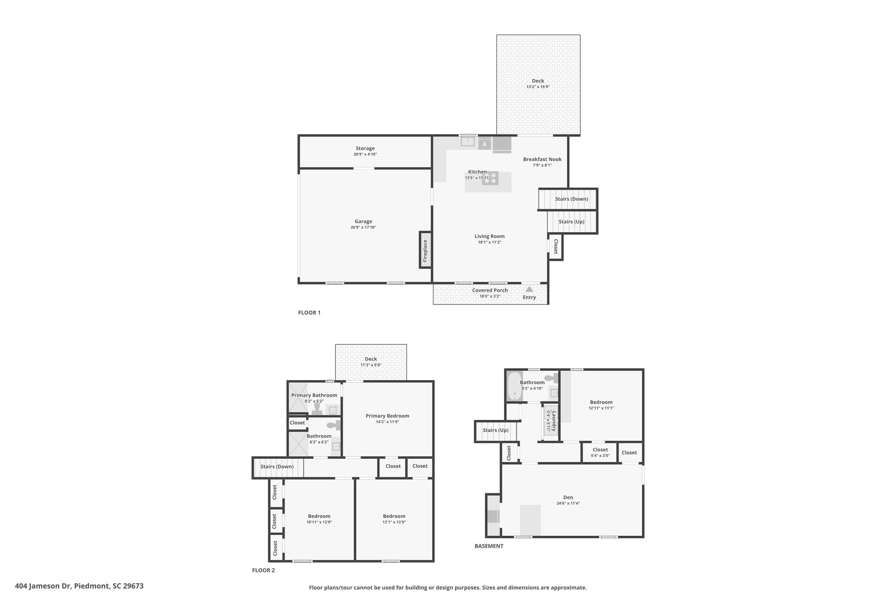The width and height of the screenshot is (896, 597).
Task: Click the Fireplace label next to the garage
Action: (425, 251)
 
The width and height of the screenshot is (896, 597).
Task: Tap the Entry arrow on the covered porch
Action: (529, 289)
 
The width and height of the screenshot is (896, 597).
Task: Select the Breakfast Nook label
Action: (542, 159)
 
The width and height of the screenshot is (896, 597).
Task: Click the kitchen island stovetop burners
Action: (490, 178)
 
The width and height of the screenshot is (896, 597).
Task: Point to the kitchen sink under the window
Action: (468, 142)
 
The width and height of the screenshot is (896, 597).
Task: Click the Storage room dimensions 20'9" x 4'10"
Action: (365, 154)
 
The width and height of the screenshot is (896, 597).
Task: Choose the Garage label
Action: (364, 221)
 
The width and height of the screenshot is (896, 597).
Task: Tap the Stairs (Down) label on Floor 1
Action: (572, 199)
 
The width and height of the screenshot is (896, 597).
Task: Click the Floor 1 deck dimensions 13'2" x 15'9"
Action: (538, 87)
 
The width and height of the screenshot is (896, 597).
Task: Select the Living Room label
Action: (490, 236)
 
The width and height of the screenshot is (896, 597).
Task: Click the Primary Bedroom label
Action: (388, 416)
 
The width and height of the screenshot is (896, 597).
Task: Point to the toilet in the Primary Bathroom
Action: (317, 408)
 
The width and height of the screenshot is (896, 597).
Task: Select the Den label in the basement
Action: (568, 497)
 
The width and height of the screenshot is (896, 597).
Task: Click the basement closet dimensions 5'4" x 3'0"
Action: (600, 456)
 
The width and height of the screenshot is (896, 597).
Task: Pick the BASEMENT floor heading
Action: (489, 546)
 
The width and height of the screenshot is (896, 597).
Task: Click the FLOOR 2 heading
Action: (263, 570)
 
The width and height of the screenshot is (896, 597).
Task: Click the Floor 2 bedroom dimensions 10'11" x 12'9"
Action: (319, 522)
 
